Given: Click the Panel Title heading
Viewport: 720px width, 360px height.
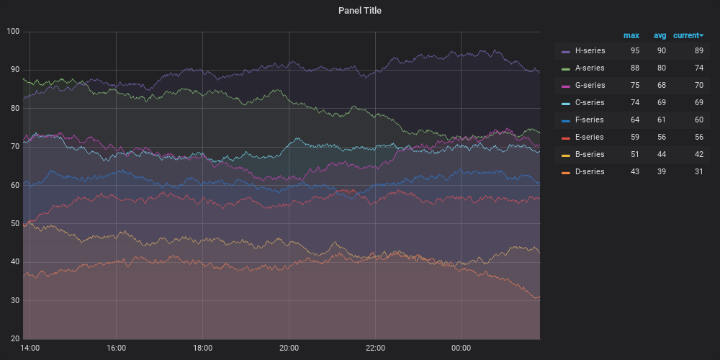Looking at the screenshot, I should [360, 11].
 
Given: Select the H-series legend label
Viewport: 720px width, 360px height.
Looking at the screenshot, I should [590, 51].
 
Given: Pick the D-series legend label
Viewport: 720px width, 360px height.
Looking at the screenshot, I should [590, 172].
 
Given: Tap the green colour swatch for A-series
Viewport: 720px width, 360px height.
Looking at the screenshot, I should [566, 68].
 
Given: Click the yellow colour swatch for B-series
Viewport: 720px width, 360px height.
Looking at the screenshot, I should [566, 155].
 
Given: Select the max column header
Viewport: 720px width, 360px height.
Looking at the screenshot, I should [631, 35].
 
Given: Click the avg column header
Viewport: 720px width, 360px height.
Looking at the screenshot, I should [660, 35].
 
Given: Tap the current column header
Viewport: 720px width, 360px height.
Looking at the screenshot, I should [688, 35].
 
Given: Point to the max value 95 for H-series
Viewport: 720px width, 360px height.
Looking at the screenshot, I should [634, 51].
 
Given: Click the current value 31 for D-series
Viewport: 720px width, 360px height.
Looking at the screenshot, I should [698, 172].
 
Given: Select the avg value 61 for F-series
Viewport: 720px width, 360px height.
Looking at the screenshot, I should [661, 120].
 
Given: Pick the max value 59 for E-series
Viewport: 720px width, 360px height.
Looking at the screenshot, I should [634, 138].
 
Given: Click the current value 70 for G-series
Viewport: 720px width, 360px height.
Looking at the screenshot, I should [698, 86].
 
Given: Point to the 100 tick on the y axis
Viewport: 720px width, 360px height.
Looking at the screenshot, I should [13, 32].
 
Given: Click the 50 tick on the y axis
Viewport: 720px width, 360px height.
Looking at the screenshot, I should [15, 224].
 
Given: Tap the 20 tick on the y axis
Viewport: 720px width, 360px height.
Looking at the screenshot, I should [15, 339].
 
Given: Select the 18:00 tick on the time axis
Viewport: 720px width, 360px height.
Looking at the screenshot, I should [202, 348].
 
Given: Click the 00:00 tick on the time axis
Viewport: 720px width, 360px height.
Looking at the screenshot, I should [462, 348].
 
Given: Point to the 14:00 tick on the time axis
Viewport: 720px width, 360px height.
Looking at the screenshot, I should [30, 348].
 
